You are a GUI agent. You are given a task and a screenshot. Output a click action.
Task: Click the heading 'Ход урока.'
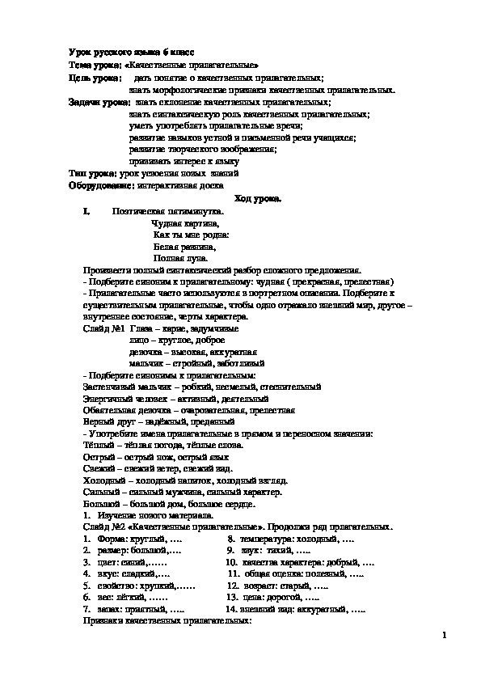[258, 199]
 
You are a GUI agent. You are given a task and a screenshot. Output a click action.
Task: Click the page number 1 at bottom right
[445, 637]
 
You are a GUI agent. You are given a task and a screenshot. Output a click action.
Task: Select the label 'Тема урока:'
[95, 64]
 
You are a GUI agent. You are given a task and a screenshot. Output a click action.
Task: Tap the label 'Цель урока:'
[94, 78]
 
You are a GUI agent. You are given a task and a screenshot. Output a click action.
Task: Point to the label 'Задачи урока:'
[99, 103]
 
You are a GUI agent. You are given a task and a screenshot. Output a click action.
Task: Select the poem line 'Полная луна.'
[177, 257]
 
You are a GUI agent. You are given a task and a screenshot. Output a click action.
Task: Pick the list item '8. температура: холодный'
[280, 538]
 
